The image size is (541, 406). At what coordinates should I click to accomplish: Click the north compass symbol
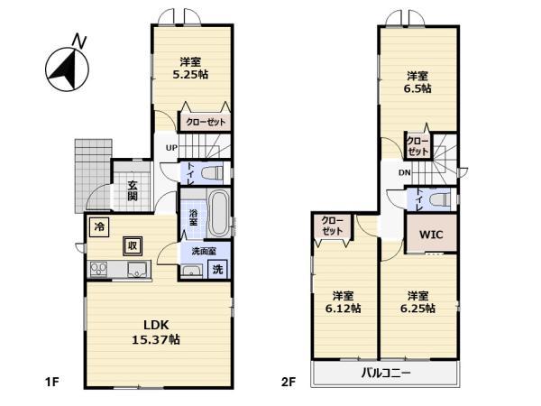[67, 69]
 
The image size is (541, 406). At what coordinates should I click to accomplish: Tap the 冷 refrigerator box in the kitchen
[99, 226]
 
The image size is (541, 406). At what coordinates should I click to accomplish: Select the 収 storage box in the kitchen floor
[133, 245]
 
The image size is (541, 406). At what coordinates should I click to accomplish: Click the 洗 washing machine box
[217, 269]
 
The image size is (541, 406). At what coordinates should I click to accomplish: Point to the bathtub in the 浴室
[219, 214]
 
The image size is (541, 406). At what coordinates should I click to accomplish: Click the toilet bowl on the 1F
[213, 172]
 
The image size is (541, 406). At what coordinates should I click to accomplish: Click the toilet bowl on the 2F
[440, 199]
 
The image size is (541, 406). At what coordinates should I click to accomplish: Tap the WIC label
[431, 235]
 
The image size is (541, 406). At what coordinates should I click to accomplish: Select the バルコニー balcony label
[386, 373]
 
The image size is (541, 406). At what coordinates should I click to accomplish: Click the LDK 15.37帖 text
[156, 332]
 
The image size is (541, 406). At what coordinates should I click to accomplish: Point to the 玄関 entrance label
[133, 190]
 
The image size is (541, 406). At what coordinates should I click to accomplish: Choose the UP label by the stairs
[171, 148]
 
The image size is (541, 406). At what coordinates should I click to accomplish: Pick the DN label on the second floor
[404, 172]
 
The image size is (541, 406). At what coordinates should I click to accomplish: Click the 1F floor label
[52, 383]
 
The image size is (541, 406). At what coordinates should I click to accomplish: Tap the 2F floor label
[289, 383]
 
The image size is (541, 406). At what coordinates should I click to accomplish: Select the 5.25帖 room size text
[190, 75]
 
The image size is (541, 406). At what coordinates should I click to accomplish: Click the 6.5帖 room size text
[417, 88]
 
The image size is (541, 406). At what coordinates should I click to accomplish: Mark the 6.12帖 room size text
[343, 308]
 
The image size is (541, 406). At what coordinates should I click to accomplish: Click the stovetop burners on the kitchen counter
[98, 269]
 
